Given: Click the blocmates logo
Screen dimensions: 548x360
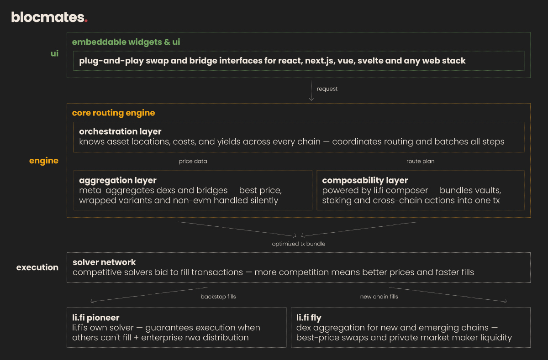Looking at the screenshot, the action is [48, 17].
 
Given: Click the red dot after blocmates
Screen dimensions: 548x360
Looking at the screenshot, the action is [86, 21].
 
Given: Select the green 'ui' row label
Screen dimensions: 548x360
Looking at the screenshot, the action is [54, 54].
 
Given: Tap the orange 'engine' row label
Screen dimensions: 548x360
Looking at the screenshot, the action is [44, 161].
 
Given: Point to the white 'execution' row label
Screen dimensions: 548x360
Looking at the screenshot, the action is [37, 267].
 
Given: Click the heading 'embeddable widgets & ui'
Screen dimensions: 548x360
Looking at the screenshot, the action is [126, 42].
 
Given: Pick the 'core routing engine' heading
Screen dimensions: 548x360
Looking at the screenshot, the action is [113, 113].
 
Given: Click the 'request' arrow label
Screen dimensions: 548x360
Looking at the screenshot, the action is [327, 89].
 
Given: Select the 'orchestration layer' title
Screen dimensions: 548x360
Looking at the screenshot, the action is [120, 131].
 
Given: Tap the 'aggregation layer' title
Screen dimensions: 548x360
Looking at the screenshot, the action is [118, 180].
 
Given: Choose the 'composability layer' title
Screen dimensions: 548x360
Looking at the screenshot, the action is [365, 180].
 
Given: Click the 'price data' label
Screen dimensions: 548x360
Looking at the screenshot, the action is [193, 162].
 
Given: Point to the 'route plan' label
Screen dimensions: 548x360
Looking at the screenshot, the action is [420, 162].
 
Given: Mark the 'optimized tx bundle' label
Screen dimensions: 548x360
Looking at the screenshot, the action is [299, 244].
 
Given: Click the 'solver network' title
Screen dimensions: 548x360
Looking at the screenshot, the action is [104, 262].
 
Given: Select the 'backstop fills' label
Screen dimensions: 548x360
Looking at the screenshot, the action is [218, 297].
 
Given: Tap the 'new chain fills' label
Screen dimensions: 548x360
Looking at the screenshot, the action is [379, 297].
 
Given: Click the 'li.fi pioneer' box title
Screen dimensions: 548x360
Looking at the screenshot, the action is [95, 318].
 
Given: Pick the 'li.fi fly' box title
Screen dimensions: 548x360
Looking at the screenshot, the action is [309, 318].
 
